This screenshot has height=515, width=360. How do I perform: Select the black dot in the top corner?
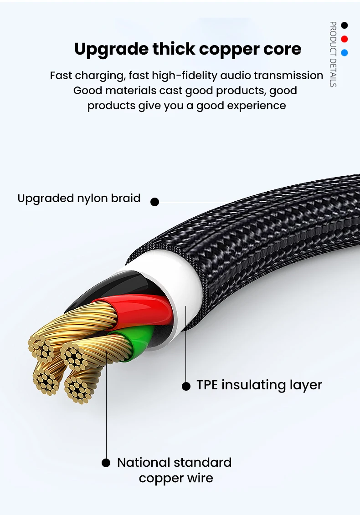point(345,25)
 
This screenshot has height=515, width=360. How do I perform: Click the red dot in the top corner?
point(345,39)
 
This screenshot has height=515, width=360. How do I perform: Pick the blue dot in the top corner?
point(345,52)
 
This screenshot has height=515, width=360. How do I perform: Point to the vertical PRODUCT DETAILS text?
point(333,54)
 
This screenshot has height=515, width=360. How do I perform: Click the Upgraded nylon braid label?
point(79,199)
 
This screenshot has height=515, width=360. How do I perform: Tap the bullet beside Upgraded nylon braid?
point(155,201)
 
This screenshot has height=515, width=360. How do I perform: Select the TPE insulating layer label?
point(259,385)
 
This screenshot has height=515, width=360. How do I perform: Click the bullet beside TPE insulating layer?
point(186,386)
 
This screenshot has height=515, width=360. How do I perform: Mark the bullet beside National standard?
point(106,463)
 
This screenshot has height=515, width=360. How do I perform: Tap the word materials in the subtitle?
point(131,90)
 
